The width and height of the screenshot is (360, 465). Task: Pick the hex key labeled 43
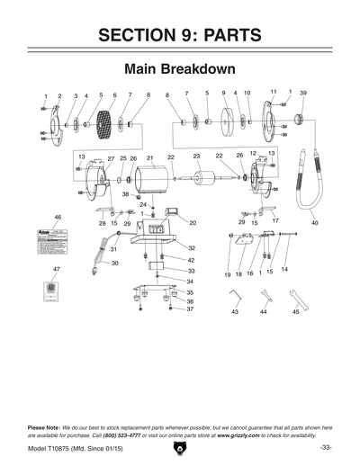pyautogui.click(x=233, y=298)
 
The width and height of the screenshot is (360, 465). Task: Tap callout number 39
pyautogui.click(x=303, y=93)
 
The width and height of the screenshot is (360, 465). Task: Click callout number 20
pyautogui.click(x=192, y=221)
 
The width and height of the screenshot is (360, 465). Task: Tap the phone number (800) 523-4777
pyautogui.click(x=130, y=434)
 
